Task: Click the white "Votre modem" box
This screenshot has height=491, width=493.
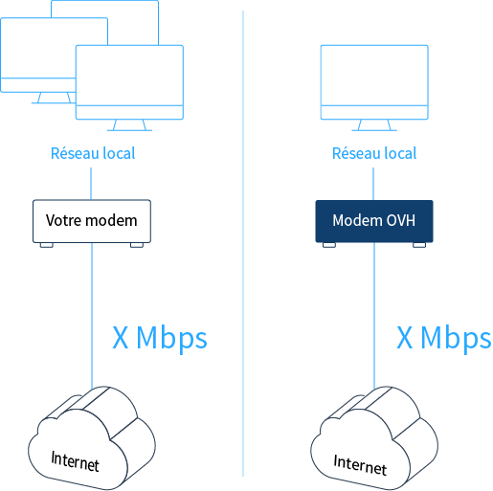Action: point(92,221)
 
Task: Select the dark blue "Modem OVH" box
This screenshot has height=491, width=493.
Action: point(374,221)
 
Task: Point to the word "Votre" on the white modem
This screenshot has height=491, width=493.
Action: point(64,220)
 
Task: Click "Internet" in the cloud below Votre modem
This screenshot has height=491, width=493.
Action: point(76,461)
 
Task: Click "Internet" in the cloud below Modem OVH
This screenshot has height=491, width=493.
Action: point(360,465)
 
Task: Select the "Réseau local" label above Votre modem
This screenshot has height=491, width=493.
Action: point(93,153)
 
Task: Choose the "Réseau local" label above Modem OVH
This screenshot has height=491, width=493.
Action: point(374,153)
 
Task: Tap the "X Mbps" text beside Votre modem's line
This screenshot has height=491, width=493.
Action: point(160,339)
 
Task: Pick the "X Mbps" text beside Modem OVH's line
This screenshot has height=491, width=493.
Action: point(443,339)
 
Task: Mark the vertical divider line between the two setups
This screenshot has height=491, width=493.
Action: point(243,243)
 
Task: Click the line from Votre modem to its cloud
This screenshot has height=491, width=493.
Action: point(92,316)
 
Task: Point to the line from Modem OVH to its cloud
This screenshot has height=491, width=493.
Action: point(374,316)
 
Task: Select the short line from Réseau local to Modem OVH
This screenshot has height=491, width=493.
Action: point(373,184)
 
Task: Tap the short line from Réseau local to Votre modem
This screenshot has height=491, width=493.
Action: point(91,184)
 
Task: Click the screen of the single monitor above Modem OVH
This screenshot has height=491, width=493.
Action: point(374,76)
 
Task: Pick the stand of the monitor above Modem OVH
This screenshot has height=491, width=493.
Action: point(374,125)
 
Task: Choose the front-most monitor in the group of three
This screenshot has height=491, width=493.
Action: point(129,82)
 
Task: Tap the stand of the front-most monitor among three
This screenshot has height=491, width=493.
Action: point(129,125)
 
